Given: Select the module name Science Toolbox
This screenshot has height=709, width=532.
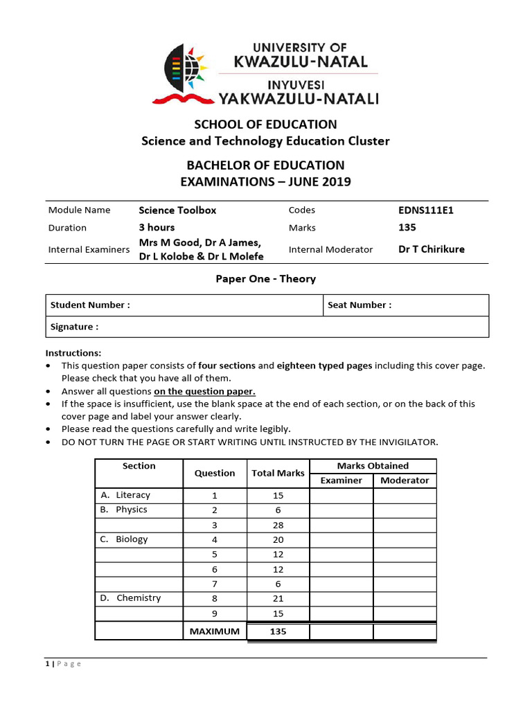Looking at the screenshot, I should click(177, 210).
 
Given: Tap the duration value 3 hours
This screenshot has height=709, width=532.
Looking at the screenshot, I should click(157, 228).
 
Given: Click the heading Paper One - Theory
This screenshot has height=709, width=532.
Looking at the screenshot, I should click(267, 279).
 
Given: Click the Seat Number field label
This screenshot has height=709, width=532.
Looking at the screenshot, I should click(360, 305).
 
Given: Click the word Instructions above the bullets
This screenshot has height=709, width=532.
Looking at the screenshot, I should click(73, 353).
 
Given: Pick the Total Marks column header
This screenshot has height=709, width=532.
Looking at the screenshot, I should click(278, 474).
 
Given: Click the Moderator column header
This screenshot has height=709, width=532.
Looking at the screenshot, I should click(405, 481).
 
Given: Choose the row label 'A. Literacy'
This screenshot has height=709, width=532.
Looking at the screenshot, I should click(125, 496).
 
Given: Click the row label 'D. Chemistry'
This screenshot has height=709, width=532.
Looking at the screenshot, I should click(130, 598).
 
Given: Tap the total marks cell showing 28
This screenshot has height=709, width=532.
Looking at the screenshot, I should click(278, 526).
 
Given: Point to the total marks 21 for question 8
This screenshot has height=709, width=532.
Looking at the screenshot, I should click(278, 599).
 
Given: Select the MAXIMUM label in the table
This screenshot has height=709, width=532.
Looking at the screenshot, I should click(215, 631).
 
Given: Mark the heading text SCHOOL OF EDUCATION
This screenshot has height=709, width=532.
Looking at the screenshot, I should click(265, 125).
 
